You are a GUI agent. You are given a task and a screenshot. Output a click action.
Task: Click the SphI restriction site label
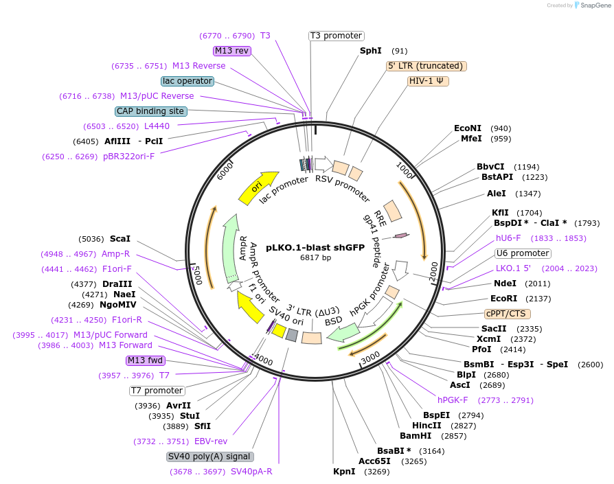tap(371, 51)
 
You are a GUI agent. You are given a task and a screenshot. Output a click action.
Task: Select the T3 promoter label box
tap(336, 36)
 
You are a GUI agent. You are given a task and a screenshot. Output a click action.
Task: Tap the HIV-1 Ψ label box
tap(428, 81)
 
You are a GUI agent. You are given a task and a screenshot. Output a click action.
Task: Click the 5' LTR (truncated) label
tap(426, 66)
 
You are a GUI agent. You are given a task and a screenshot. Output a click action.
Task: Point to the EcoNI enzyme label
tap(468, 128)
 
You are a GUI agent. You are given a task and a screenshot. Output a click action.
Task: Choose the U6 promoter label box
tap(523, 253)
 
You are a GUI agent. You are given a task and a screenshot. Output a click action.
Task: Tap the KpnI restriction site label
tap(344, 472)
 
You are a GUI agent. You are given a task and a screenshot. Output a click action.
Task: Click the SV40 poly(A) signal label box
tap(210, 457)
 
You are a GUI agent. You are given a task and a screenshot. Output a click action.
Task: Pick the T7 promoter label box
tap(157, 391)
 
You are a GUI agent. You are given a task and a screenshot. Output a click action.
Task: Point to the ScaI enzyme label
tap(120, 239)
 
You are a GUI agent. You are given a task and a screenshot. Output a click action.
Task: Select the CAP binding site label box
tap(150, 111)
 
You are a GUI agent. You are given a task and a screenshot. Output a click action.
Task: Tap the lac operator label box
tap(187, 81)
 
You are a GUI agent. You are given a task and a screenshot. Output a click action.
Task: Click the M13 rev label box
tap(232, 51)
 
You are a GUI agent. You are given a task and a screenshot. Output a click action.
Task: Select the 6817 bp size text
tap(315, 258)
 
